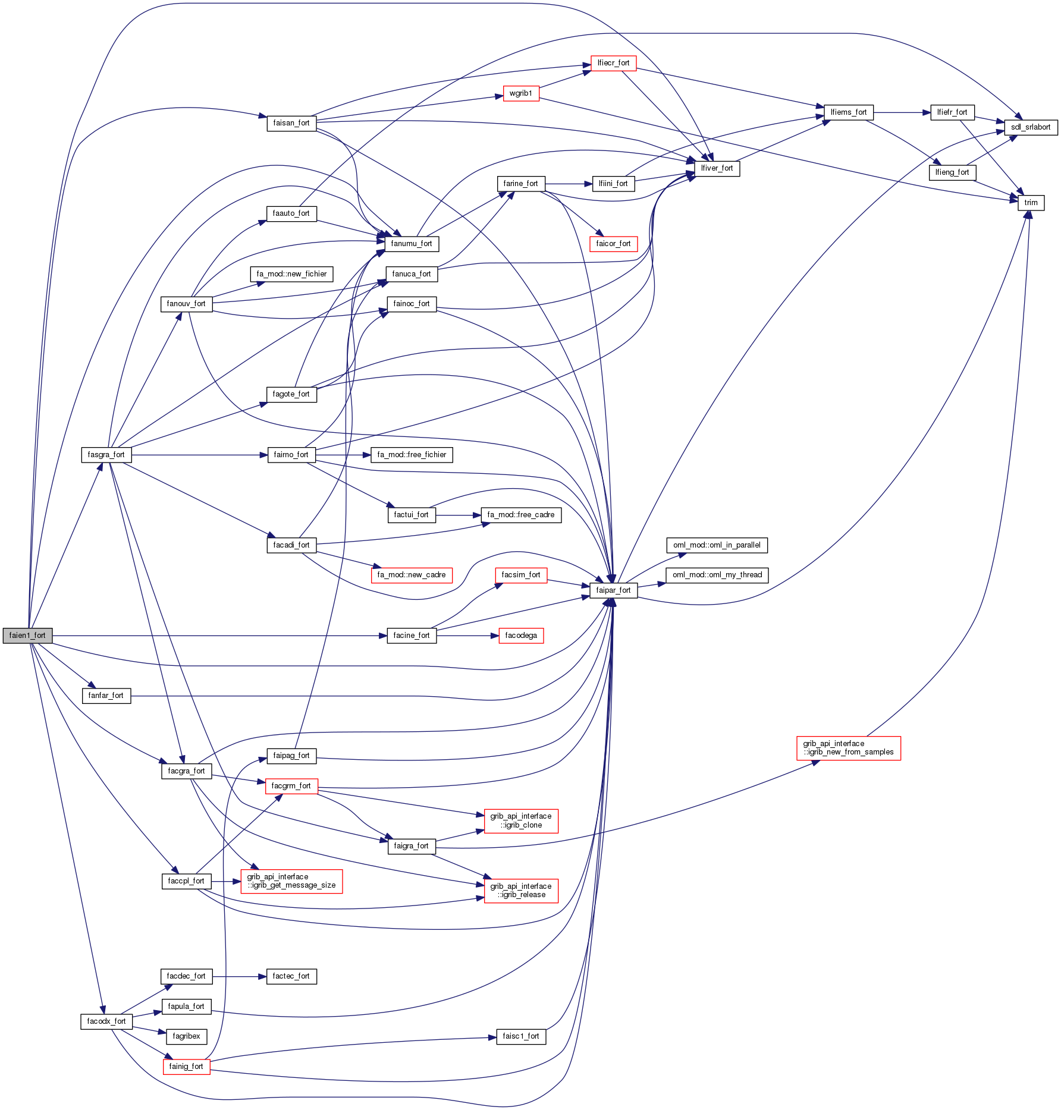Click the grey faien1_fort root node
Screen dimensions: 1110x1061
pos(27,636)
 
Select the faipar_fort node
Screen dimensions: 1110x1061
pos(613,590)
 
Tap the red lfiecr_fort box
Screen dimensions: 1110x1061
pos(613,63)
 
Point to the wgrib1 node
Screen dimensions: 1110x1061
pos(521,93)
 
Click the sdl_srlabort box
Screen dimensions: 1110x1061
pos(1031,127)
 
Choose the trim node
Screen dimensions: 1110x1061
pos(1031,203)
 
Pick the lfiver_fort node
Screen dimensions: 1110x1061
pos(717,168)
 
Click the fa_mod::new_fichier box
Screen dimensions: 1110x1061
pos(291,274)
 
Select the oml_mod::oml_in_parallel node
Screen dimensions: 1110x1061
pos(717,545)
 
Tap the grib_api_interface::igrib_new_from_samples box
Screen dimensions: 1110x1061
pos(848,748)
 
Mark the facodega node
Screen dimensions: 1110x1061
pos(521,636)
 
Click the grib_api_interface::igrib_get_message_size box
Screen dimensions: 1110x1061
pos(291,881)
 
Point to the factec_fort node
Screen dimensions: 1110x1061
pos(291,976)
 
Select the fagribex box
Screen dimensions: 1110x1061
pos(186,1036)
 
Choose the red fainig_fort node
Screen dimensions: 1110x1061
pos(186,1067)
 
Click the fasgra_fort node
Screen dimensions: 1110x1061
pos(106,455)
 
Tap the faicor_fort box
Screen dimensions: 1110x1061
pos(613,244)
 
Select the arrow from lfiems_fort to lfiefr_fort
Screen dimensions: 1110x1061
pos(902,112)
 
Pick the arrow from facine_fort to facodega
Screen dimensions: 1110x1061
pos(467,636)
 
